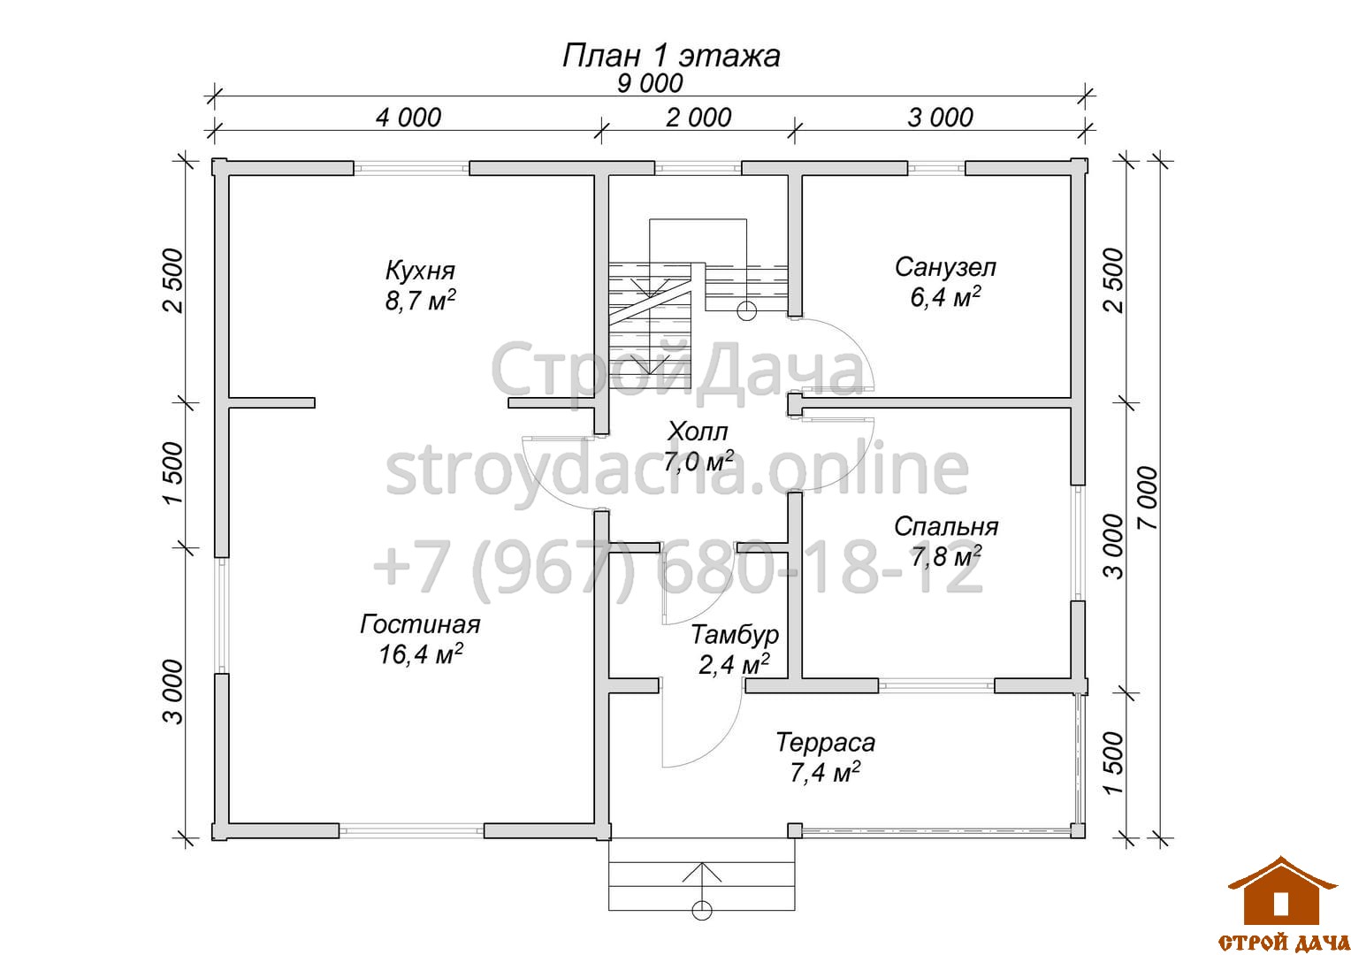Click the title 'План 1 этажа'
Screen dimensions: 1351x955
671,56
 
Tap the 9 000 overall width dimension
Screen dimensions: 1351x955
650,83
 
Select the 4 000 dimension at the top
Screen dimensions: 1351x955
408,117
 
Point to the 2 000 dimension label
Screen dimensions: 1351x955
698,117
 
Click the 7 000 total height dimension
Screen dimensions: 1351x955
1149,499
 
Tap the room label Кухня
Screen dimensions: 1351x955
420,271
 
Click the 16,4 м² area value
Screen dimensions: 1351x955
420,654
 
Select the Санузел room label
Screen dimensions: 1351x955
945,267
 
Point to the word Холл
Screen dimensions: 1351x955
698,432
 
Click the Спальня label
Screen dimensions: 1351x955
946,527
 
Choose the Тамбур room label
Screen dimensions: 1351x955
734,635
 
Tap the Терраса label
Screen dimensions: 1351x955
825,743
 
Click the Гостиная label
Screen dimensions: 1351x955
420,624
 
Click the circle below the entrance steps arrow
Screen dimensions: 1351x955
701,910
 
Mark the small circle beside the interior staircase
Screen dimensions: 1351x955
746,311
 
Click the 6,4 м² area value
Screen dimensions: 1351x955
945,297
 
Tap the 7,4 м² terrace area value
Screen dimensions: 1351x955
824,772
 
